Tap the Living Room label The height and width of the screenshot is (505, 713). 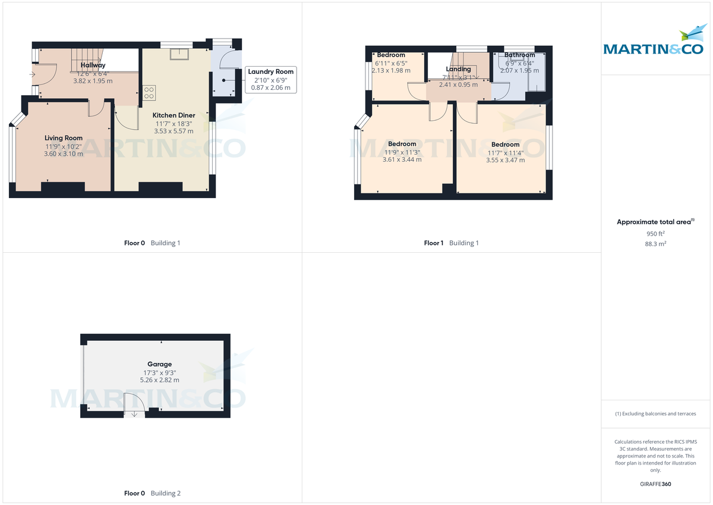pos(64,138)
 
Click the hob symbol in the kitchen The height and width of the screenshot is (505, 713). pos(149,93)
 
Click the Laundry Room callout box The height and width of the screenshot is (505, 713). pos(270,80)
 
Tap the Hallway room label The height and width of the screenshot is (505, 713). pos(93,65)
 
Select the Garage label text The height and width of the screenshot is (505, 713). pos(159,364)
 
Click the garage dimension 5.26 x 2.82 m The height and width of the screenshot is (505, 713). pos(159,379)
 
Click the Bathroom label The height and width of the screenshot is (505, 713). pos(519,55)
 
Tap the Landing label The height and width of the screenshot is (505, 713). pos(458,69)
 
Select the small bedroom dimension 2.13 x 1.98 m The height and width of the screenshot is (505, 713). pos(390,70)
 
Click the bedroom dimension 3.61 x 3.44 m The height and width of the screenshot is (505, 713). pos(402,159)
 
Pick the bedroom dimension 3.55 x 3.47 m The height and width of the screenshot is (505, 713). pos(505,160)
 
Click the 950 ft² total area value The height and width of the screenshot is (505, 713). pos(655,234)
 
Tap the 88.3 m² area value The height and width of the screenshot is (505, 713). pos(655,244)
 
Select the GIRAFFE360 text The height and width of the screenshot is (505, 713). pos(655,484)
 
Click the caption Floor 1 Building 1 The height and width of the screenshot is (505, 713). pos(451,243)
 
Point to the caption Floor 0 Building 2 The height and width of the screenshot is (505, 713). pos(152,493)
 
